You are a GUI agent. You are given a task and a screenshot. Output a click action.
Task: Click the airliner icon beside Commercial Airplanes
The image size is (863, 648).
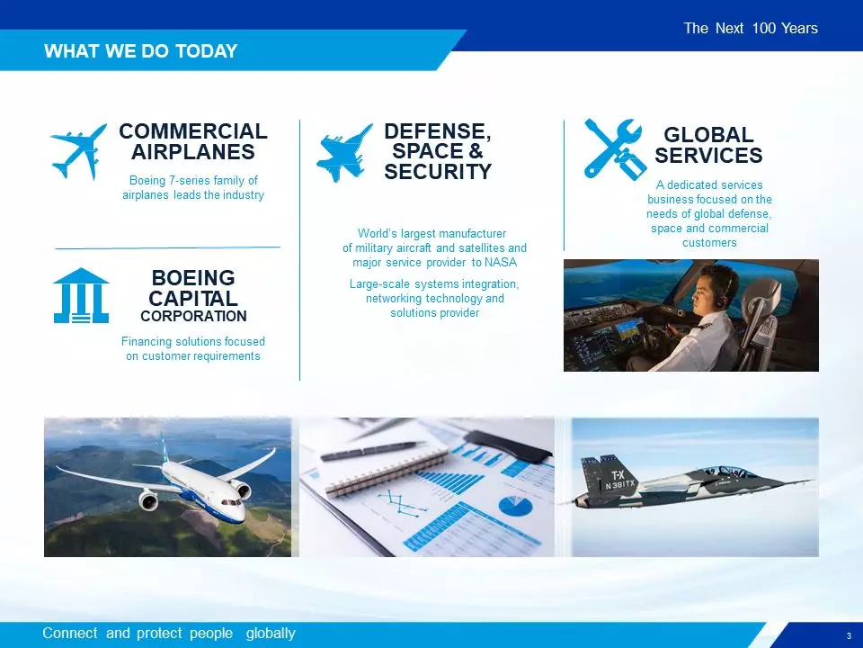pyautogui.click(x=78, y=151)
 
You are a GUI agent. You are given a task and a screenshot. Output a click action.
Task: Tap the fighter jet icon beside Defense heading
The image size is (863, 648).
pyautogui.click(x=343, y=153)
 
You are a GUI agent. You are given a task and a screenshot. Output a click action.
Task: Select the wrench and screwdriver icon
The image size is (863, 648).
pyautogui.click(x=614, y=148)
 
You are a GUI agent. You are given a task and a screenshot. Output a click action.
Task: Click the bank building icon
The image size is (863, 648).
pyautogui.click(x=81, y=295)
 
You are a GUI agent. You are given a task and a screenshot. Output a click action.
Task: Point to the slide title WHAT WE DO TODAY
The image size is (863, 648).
pyautogui.click(x=141, y=50)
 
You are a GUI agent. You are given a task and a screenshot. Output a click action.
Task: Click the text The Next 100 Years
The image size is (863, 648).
pyautogui.click(x=751, y=28)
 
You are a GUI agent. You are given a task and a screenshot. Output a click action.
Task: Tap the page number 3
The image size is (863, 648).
pyautogui.click(x=849, y=635)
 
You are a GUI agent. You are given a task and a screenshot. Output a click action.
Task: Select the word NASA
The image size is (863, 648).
pyautogui.click(x=501, y=262)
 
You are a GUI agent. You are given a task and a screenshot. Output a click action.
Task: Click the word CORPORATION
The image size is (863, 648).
pyautogui.click(x=193, y=316)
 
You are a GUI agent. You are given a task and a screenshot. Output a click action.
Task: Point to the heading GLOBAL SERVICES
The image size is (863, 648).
pyautogui.click(x=708, y=145)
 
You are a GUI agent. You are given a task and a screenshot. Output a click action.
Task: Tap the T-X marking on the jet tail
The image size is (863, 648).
pyautogui.click(x=618, y=475)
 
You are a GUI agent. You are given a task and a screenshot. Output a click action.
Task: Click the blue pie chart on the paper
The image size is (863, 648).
pyautogui.click(x=515, y=507)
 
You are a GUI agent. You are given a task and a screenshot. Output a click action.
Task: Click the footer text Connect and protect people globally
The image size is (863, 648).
pyautogui.click(x=169, y=633)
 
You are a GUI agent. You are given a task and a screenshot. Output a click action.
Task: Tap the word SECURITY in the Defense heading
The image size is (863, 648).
pyautogui.click(x=438, y=172)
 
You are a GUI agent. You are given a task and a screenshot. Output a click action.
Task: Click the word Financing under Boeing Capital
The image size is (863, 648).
pyautogui.click(x=145, y=342)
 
